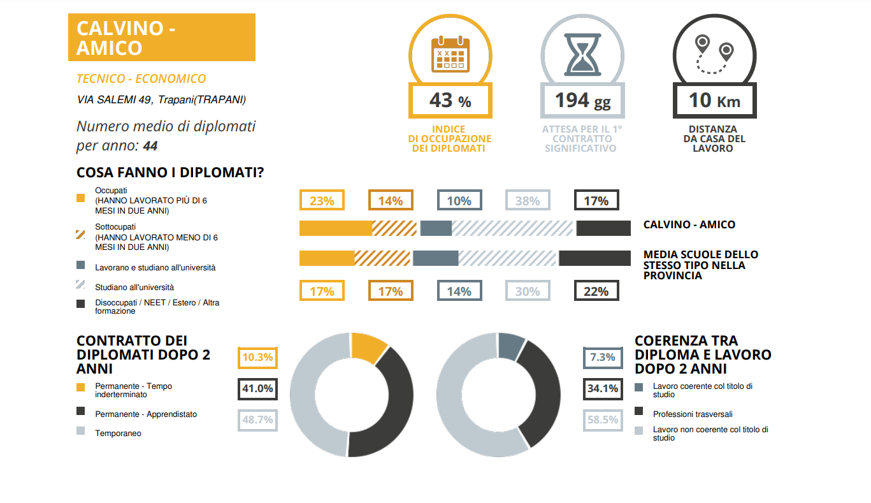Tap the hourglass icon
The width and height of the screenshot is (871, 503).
tap(582, 54)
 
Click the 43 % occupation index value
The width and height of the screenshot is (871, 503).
tap(450, 100)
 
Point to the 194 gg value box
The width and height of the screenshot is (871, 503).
tap(582, 100)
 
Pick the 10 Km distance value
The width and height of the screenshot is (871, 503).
tap(714, 101)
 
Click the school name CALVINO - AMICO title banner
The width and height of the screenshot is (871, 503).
tap(161, 38)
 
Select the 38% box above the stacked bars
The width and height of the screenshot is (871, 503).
tap(528, 201)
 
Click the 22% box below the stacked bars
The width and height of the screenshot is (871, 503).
tap(596, 291)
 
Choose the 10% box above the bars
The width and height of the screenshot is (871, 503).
tap(459, 201)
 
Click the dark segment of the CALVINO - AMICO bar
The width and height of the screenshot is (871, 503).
tap(603, 228)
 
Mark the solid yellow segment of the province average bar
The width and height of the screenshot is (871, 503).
tap(327, 258)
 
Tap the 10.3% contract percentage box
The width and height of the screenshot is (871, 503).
tap(257, 358)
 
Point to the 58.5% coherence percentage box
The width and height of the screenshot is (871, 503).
tap(603, 419)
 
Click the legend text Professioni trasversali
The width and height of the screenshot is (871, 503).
tap(693, 414)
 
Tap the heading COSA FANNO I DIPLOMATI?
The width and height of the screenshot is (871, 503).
tap(170, 173)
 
